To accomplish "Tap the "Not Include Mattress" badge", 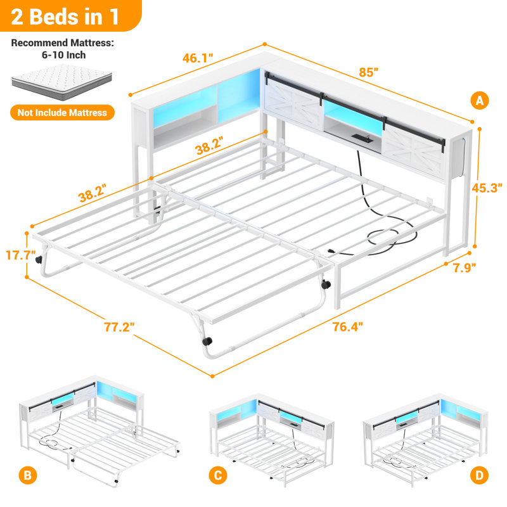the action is tap(62, 113).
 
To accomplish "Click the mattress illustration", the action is tap(61, 82).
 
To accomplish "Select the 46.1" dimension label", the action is tap(198, 58).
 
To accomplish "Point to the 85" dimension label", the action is tap(369, 72).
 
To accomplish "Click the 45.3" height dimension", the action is tap(487, 188).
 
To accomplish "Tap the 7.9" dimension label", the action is tap(465, 268).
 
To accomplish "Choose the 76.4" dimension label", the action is tap(348, 327).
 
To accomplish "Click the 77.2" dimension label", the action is tap(119, 327).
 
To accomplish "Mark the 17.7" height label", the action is tap(21, 255).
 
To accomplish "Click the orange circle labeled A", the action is tap(480, 101).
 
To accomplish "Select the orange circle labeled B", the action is tap(28, 475).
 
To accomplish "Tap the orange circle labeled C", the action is tap(218, 475).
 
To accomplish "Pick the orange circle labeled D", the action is tap(479, 475).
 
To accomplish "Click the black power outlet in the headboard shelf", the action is tap(361, 138).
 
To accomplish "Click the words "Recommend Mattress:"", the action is tap(63, 43).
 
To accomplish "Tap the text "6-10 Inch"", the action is tap(64, 55).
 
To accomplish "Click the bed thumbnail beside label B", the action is tap(99, 431).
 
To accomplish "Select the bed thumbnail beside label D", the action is tap(425, 439).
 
